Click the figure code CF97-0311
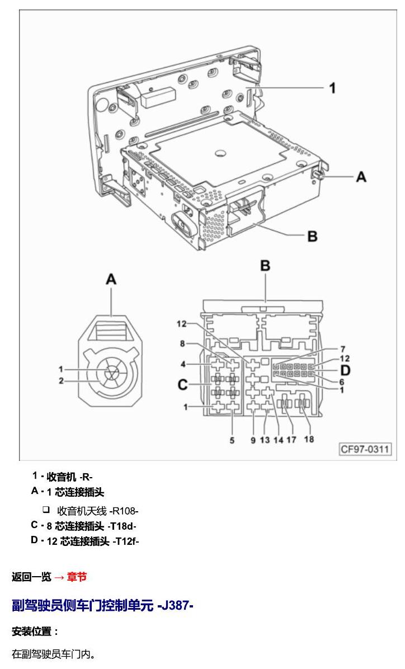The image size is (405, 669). pos(365,449)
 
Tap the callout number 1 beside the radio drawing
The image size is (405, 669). pos(332,88)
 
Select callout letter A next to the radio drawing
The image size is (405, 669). pos(361,176)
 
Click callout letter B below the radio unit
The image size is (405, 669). pos(312,236)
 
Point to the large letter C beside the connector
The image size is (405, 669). pos(183,385)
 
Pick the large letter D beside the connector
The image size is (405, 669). pos(345,370)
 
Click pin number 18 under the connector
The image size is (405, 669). pos(309,439)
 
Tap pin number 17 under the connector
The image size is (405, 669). pos(291,439)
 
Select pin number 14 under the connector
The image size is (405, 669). pos(278,440)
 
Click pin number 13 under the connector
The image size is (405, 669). pos(265,440)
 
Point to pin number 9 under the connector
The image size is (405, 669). pos(253,440)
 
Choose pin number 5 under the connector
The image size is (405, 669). pos(232,440)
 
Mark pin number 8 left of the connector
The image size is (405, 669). pos(182,343)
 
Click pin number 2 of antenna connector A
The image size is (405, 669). pos(61,380)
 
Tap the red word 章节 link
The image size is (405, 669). pos(77,577)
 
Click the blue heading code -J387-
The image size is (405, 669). pos(176,605)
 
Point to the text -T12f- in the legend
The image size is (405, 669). pos(126,541)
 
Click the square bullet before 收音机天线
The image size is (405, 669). pos(46,510)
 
